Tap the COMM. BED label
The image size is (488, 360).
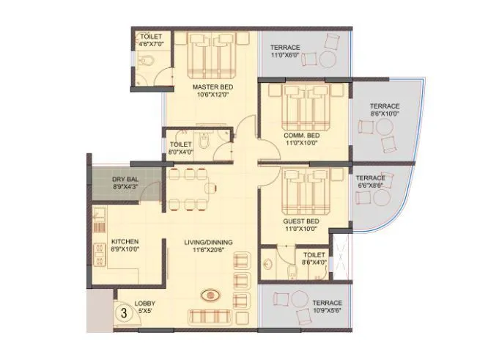[301, 136]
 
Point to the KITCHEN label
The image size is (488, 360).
[125, 242]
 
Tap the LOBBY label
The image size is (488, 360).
[144, 302]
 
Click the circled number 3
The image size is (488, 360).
[125, 310]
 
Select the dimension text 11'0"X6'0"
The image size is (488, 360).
[284, 54]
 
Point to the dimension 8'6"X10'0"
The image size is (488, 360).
[385, 114]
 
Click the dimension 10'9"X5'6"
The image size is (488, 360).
[328, 311]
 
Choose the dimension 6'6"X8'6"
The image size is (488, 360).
[371, 186]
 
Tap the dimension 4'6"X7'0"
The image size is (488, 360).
[152, 45]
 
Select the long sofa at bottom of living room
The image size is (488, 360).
[212, 317]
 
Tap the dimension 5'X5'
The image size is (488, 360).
[144, 311]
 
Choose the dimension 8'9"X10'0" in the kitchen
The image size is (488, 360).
[125, 250]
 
